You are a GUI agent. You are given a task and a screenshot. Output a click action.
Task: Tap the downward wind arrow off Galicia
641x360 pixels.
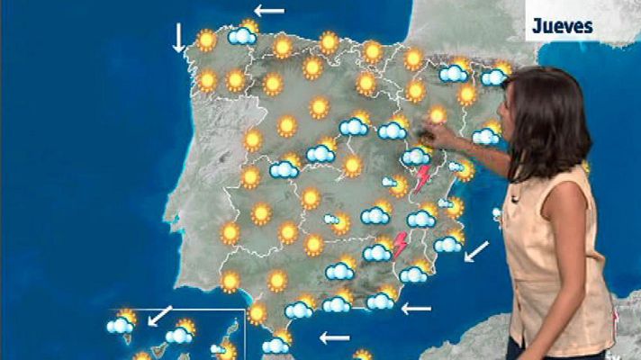click(x=178, y=37)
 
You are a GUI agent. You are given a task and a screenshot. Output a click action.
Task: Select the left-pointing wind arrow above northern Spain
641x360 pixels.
click(x=268, y=12)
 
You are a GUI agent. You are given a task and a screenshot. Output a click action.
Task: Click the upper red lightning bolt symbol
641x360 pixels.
click(x=421, y=177)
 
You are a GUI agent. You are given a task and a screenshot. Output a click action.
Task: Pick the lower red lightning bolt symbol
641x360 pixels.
click(x=400, y=244)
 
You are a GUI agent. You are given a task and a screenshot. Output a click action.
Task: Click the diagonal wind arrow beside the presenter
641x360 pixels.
click(x=476, y=250)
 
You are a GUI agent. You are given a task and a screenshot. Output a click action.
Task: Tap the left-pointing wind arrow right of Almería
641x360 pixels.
click(x=416, y=309)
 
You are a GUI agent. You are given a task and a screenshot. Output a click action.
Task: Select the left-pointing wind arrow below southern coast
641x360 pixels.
click(x=335, y=338)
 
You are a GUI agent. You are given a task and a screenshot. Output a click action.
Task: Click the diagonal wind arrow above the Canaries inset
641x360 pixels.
click(x=159, y=315)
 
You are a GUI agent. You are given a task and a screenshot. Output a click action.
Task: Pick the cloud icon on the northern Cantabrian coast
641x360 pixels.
click(x=242, y=35)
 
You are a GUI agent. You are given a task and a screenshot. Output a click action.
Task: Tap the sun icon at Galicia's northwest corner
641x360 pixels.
click(x=207, y=40)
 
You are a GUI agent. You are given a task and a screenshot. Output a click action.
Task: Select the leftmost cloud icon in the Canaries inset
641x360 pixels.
click(x=121, y=324)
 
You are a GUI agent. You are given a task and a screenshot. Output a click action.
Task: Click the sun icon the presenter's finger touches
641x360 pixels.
click(x=437, y=115)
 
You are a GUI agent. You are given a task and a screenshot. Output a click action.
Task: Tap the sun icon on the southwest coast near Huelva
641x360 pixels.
click(x=230, y=282)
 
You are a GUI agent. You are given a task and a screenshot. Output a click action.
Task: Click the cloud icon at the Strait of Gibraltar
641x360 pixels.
click(x=275, y=344)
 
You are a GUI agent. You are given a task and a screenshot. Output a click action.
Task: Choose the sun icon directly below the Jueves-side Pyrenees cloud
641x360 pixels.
click(x=467, y=94)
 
